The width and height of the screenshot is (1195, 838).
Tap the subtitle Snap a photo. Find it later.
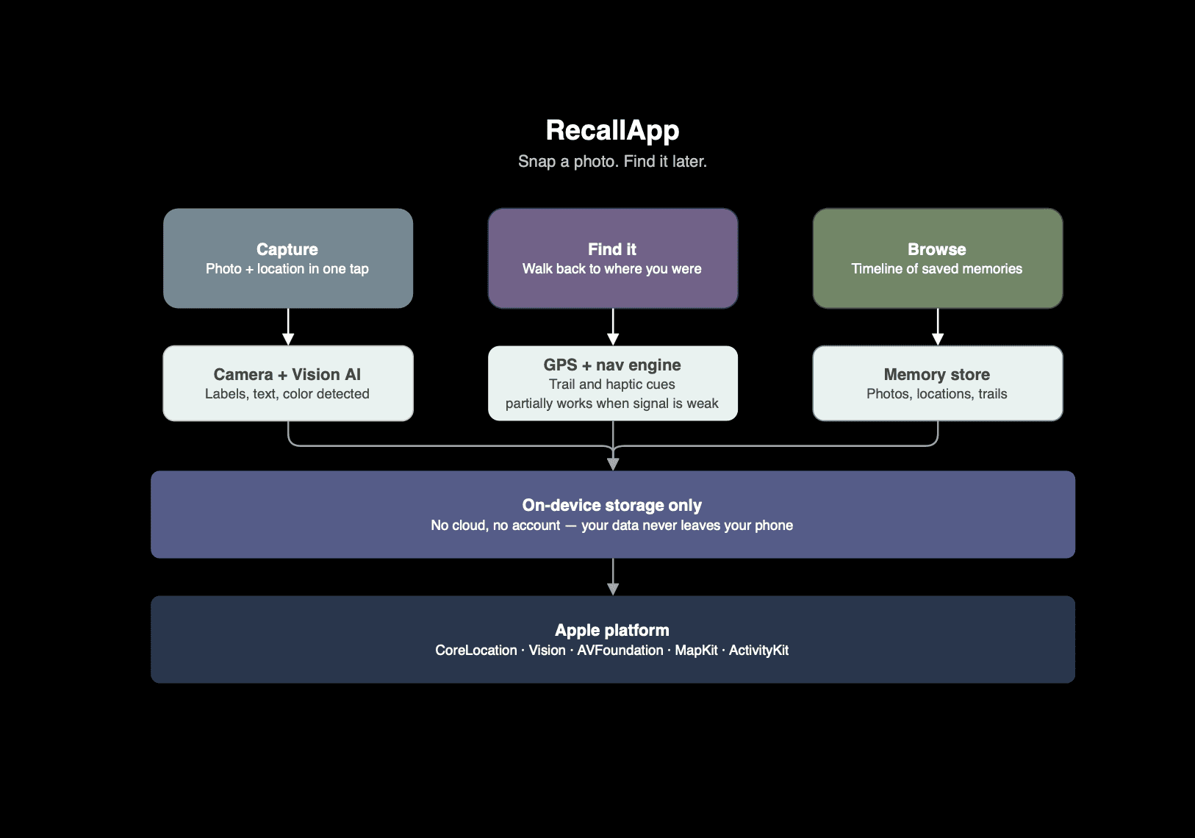[612, 161]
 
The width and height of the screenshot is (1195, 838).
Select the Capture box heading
[287, 249]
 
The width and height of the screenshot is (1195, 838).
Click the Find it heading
[612, 249]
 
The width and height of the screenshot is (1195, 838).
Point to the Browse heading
[937, 249]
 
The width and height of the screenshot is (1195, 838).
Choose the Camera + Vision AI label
[287, 374]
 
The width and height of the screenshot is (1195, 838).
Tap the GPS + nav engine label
[612, 365]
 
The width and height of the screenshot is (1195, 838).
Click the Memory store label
[937, 374]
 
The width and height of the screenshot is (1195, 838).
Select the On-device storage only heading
[612, 505]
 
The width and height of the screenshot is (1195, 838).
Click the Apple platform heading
[612, 631]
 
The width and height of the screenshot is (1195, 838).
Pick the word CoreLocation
[476, 650]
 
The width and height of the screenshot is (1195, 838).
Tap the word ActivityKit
[758, 651]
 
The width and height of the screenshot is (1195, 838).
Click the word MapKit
[696, 650]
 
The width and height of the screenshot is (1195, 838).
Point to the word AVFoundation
[620, 650]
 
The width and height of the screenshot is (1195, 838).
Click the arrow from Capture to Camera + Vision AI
[288, 326]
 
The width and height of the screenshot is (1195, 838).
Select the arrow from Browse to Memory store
[938, 326]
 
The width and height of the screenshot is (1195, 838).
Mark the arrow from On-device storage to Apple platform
[613, 577]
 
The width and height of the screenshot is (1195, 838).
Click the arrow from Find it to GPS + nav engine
[613, 326]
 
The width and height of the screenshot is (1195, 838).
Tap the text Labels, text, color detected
[287, 394]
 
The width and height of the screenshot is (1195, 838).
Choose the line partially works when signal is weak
[612, 404]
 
